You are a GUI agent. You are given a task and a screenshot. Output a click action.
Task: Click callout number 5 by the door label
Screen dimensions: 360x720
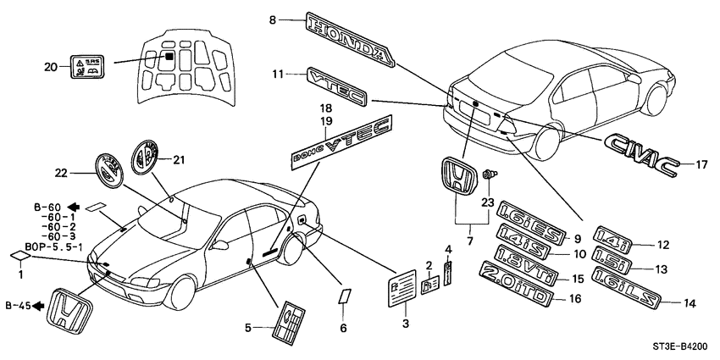point(248,326)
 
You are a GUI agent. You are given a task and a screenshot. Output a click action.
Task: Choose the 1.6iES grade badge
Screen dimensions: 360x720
point(523,216)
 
